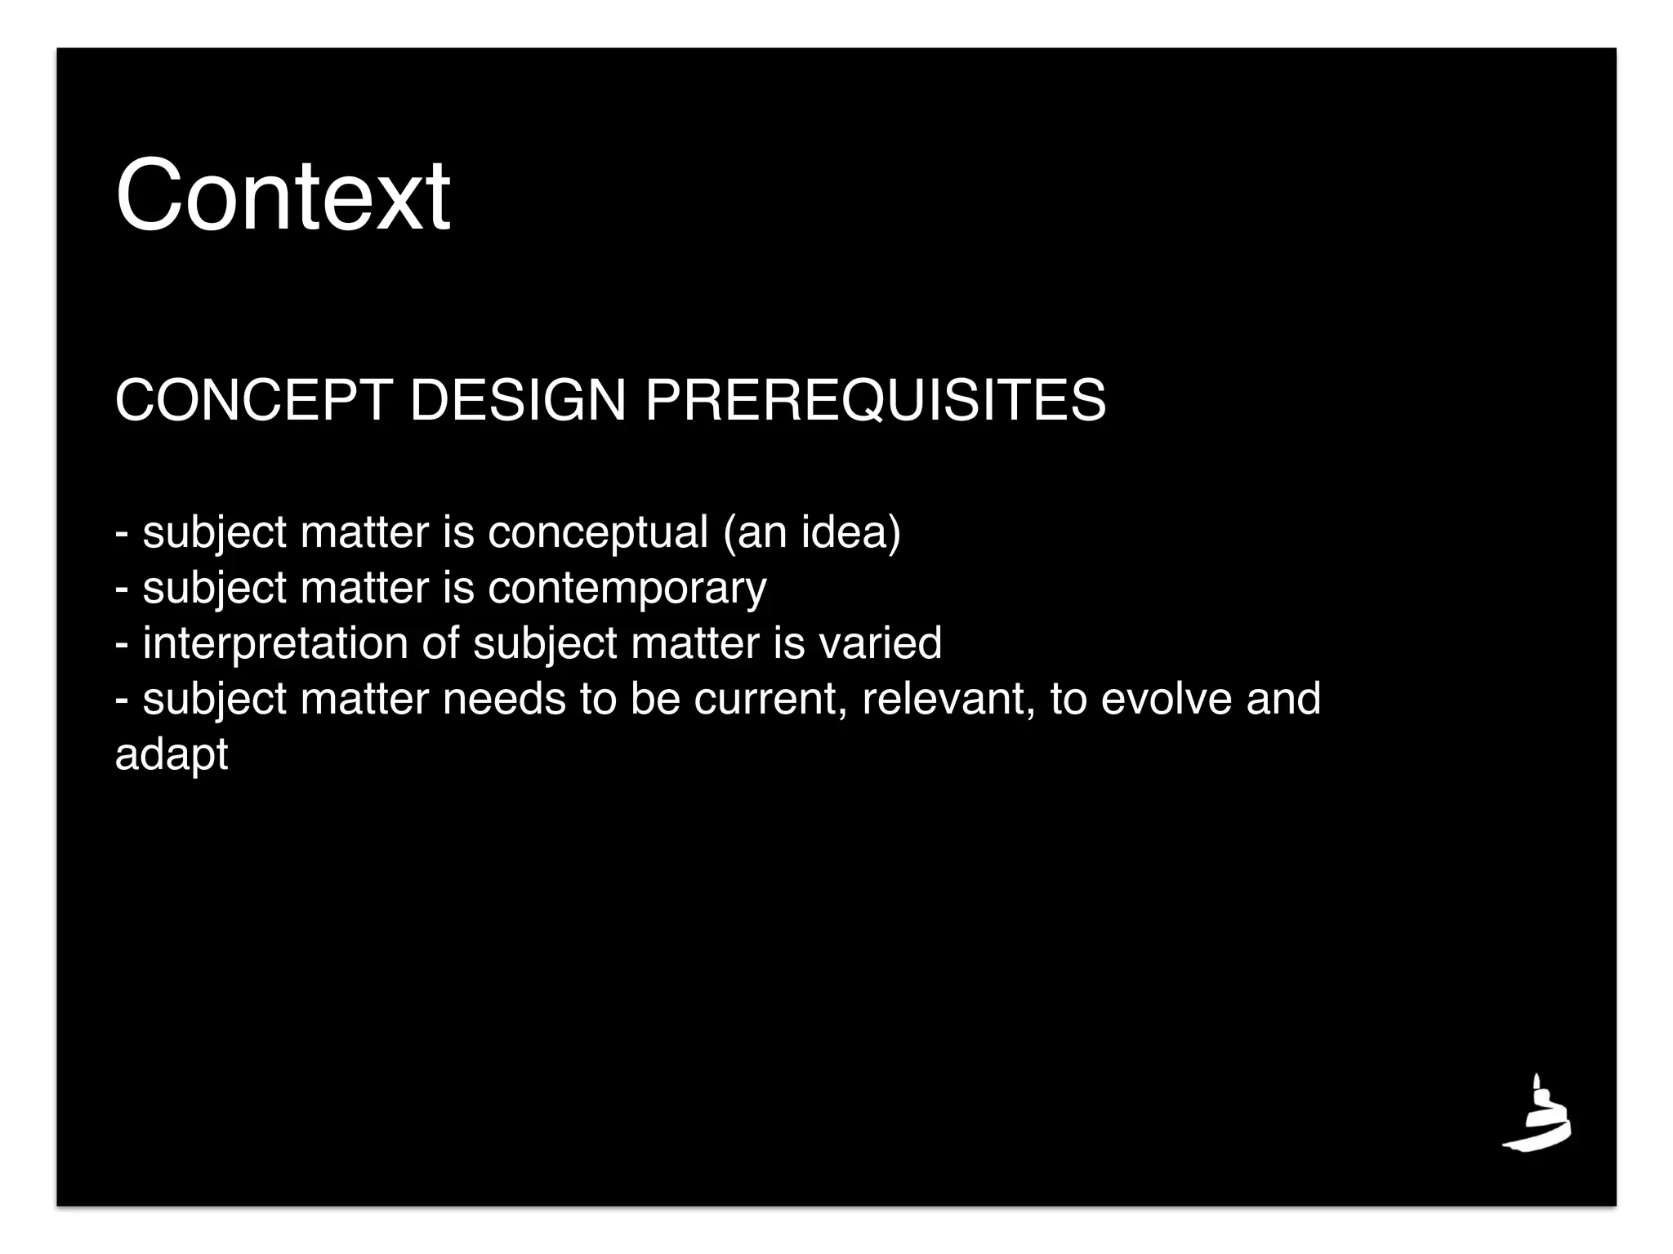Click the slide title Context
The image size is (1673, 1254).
(283, 196)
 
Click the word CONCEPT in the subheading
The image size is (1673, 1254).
(253, 401)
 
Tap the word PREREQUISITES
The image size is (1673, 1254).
(875, 401)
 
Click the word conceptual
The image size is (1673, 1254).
(598, 533)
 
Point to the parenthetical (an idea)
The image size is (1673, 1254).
(812, 533)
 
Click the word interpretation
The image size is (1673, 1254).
(274, 644)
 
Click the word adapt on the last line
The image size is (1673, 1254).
(172, 755)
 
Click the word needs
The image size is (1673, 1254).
(504, 700)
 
